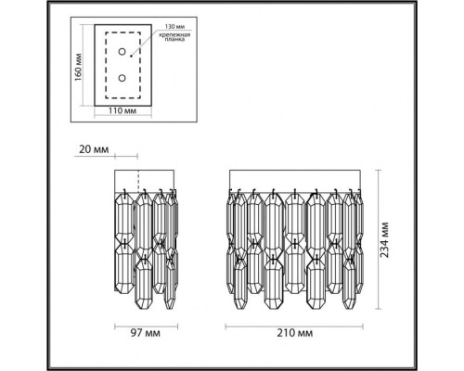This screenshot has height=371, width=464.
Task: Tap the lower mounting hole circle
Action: (122, 80)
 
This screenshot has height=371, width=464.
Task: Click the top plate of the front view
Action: (295, 180)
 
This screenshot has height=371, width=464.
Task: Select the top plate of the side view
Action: (147, 180)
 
